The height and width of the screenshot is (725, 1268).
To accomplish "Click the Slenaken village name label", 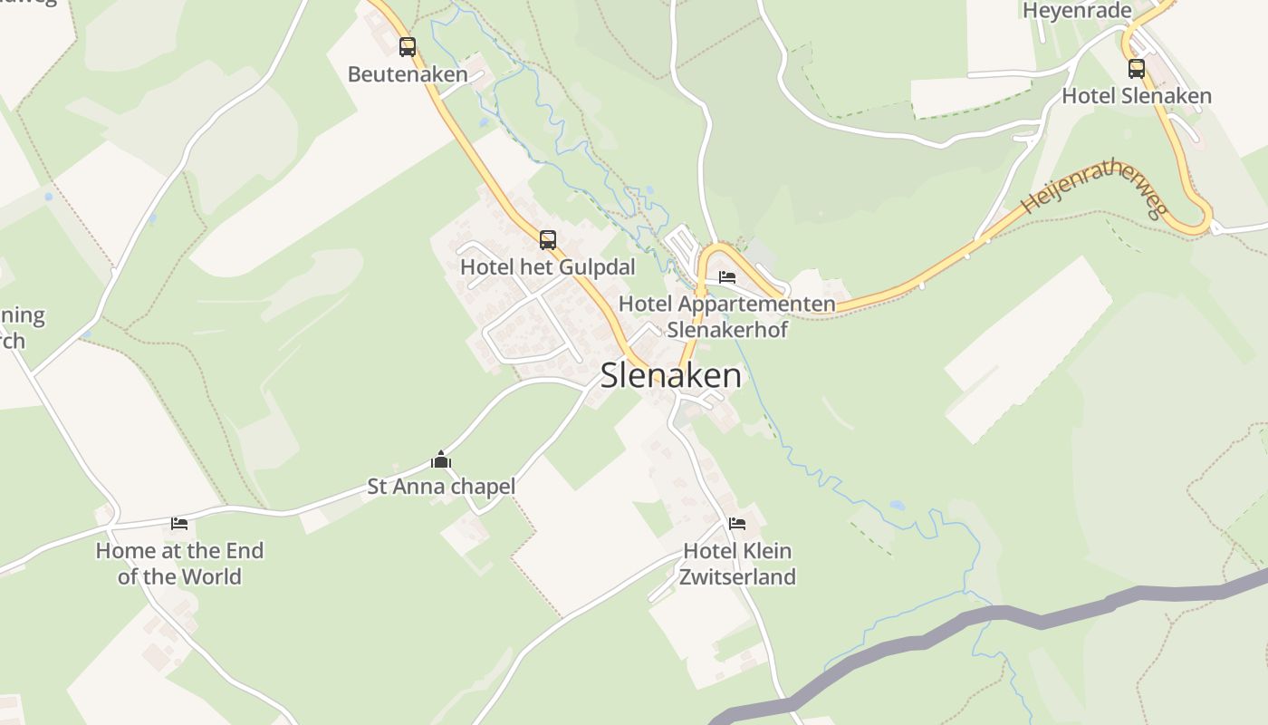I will click(x=670, y=375).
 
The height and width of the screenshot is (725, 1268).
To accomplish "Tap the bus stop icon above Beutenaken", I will click(x=408, y=46).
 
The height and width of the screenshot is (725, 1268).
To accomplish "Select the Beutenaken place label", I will click(x=408, y=74).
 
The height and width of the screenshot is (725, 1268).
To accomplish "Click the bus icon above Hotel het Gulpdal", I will click(x=548, y=240).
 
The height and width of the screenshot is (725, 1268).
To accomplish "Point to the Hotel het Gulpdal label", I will click(x=548, y=267).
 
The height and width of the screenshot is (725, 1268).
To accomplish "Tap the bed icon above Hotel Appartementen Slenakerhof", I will click(x=727, y=277).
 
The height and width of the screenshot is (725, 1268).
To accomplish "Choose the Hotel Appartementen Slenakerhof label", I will click(x=727, y=315).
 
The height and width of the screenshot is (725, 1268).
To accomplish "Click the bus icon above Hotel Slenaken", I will click(x=1137, y=68).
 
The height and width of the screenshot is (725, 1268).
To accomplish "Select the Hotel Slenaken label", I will click(x=1137, y=96).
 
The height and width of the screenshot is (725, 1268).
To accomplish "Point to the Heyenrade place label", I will click(x=1077, y=11).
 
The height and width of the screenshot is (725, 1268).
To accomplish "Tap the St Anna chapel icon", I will click(x=441, y=459).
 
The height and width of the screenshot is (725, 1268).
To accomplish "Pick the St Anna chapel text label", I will click(x=441, y=487).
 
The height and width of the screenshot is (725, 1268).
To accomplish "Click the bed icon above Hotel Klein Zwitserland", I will click(x=737, y=523).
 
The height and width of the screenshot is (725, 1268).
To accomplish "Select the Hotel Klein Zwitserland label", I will click(x=737, y=563).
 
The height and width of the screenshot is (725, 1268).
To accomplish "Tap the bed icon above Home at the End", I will click(x=179, y=523).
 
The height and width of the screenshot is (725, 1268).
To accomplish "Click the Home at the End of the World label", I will click(x=179, y=563).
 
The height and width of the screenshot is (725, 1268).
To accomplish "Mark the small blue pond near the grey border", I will click(x=897, y=506).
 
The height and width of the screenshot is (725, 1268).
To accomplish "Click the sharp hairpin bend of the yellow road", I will click(x=1205, y=217).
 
